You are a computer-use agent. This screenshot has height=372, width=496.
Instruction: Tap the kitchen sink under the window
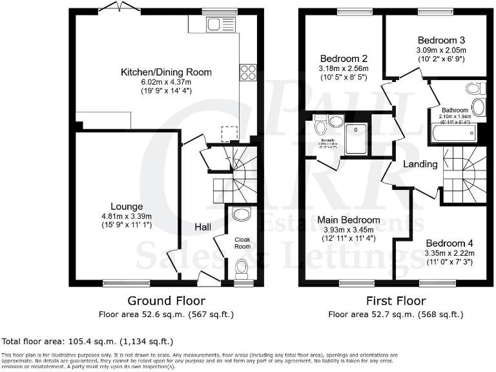213,26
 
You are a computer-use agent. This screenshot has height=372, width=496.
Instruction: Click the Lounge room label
127,206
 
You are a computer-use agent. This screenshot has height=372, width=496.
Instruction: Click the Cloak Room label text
242,242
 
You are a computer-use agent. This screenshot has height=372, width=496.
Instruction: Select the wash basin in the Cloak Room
242,214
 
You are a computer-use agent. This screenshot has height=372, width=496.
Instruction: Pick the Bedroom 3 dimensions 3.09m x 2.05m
441,50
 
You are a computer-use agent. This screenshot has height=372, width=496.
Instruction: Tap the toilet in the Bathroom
474,88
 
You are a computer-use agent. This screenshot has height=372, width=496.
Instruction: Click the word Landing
420,164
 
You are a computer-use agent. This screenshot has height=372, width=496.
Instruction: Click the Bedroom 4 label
449,243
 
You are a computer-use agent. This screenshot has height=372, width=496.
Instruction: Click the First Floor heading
396,300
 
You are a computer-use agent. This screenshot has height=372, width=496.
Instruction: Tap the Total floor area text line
88,340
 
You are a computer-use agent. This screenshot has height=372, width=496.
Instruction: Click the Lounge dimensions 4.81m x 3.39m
127,216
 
